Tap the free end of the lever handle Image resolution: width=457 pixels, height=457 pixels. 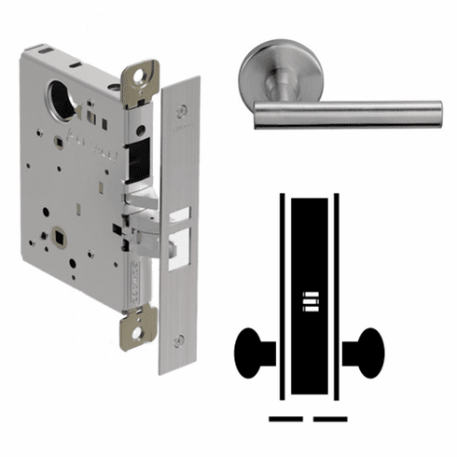point(434,111)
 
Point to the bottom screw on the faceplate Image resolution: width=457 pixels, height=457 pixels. point(182,338)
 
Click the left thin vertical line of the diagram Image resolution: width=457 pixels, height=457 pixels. point(281,298)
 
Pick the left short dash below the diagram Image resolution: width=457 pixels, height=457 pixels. point(284,417)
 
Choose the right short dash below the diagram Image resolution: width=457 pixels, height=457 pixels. point(330,417)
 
